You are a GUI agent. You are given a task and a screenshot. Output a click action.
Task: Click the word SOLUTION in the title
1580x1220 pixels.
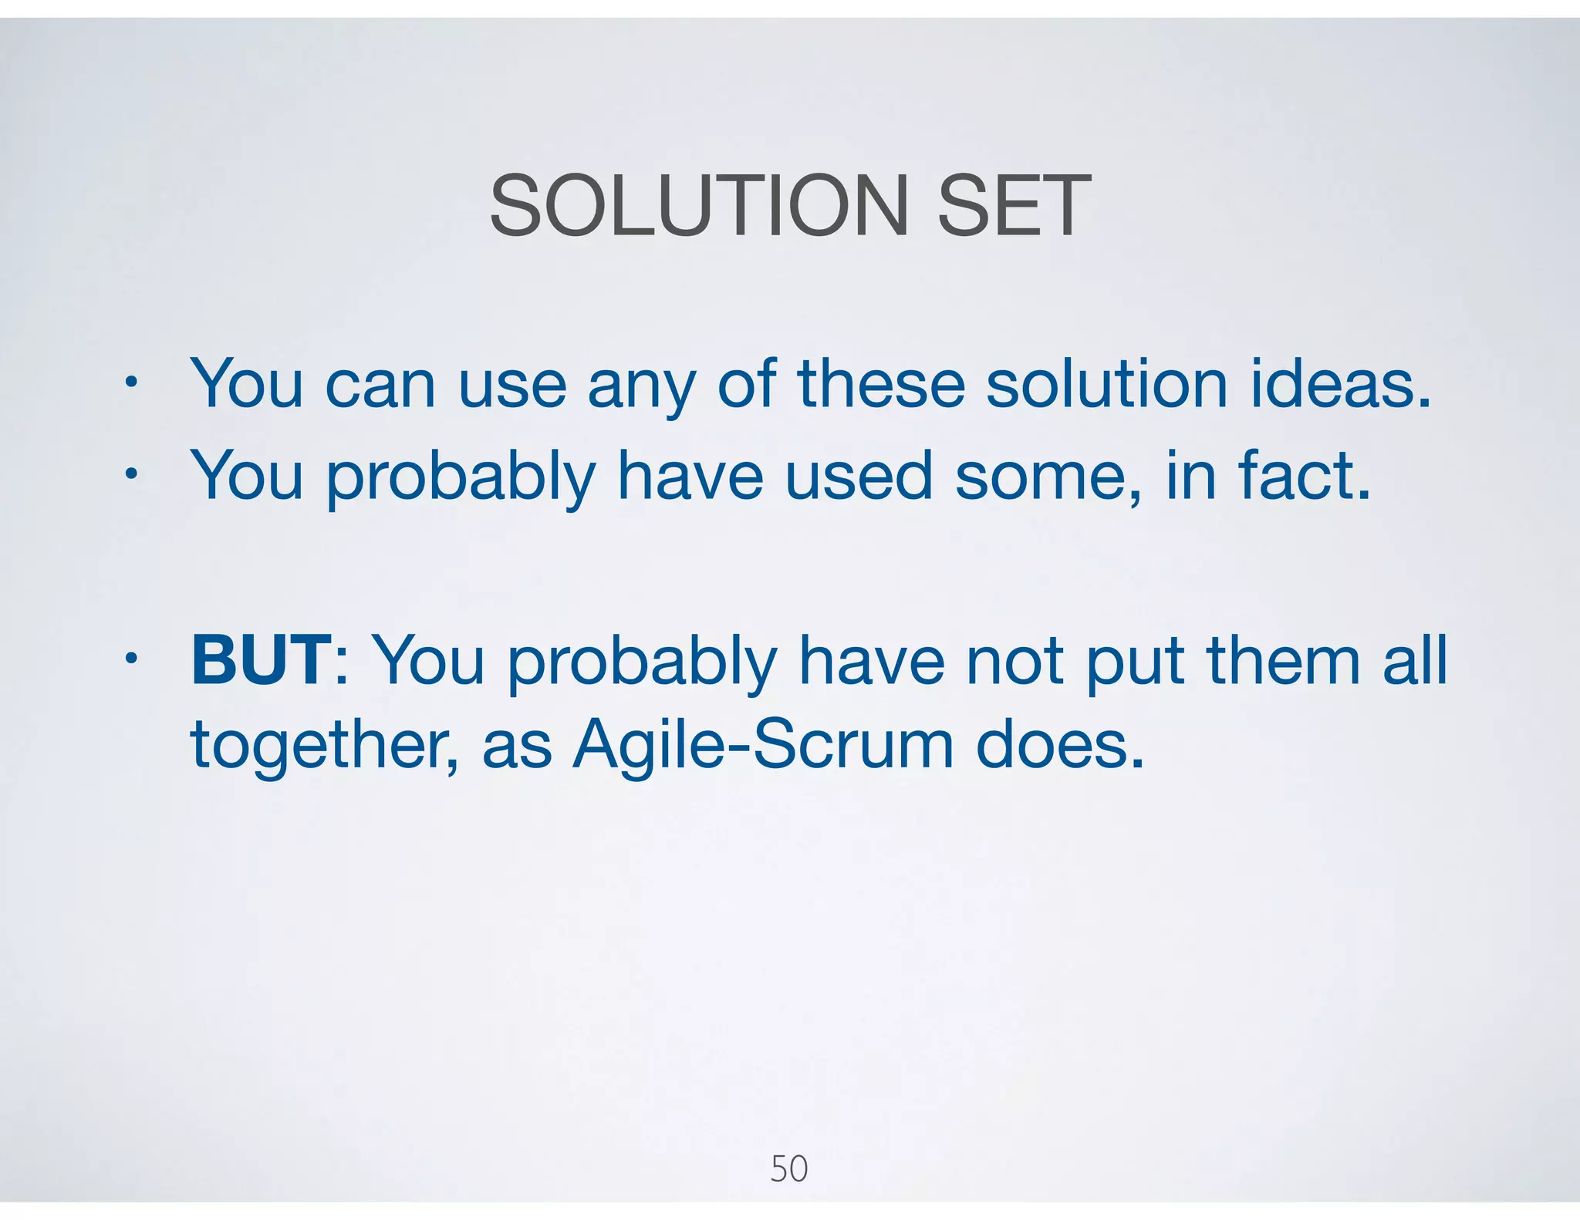(699, 207)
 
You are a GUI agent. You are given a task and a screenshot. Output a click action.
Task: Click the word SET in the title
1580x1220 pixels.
(1013, 207)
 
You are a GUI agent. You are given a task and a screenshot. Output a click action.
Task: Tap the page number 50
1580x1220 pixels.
(788, 1168)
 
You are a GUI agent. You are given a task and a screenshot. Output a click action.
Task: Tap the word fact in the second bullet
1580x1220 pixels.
(1304, 476)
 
